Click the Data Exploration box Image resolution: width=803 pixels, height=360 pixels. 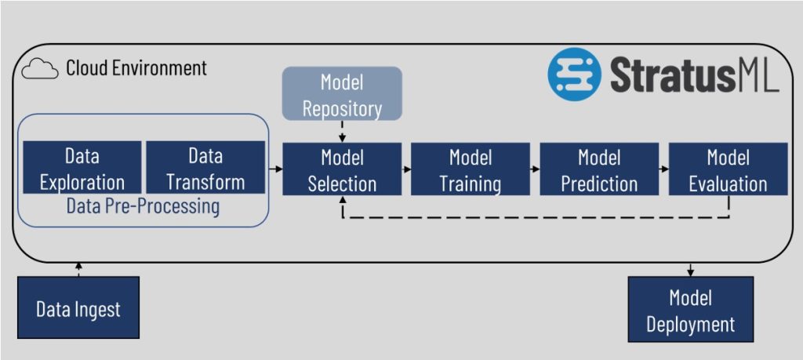tap(82, 169)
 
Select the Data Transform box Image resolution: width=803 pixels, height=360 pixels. tap(205, 169)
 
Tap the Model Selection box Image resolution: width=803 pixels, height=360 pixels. tap(342, 169)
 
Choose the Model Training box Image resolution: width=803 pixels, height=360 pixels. tap(470, 169)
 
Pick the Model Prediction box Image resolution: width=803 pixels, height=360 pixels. tap(599, 169)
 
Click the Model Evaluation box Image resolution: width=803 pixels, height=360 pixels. tap(728, 169)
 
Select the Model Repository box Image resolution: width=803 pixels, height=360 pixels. tap(341, 93)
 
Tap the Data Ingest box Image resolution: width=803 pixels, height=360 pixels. tap(78, 307)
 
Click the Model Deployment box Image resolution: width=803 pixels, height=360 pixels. tap(690, 309)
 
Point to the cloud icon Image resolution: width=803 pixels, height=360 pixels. tap(40, 69)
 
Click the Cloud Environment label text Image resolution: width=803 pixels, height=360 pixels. tap(136, 68)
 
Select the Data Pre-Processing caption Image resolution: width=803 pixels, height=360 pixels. tap(143, 207)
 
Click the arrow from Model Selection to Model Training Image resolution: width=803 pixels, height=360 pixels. tap(406, 169)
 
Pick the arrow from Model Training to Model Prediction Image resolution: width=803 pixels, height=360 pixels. tap(535, 169)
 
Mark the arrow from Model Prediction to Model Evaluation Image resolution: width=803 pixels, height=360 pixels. tap(663, 169)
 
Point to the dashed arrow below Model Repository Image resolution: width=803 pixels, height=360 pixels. tap(342, 131)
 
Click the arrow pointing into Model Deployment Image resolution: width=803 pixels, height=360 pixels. tap(690, 269)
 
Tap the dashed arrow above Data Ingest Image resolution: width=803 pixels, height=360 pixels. tap(78, 269)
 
